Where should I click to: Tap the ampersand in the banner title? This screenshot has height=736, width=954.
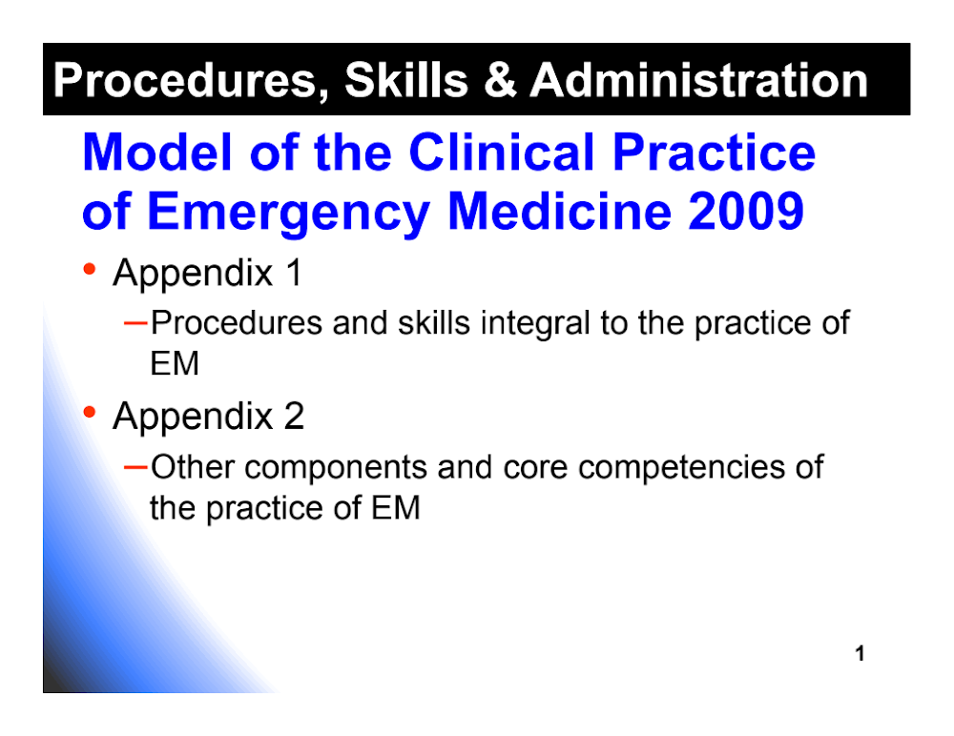[500, 80]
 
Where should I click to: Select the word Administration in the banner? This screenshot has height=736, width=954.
[699, 80]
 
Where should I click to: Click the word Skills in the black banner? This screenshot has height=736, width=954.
[406, 80]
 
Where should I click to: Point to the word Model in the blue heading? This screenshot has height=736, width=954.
[157, 153]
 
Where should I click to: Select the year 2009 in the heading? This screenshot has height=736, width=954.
[746, 211]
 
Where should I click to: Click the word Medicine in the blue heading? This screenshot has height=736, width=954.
[560, 211]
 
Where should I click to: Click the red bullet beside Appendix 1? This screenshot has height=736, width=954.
[90, 268]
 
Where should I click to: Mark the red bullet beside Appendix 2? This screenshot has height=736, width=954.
[90, 412]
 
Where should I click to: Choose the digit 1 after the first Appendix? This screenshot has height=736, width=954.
[294, 273]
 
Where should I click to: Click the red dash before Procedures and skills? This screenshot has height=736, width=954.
[135, 323]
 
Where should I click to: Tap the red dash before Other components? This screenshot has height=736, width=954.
[135, 467]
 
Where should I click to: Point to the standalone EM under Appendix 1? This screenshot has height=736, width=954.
[175, 364]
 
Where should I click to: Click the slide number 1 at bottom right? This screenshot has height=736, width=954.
[860, 653]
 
